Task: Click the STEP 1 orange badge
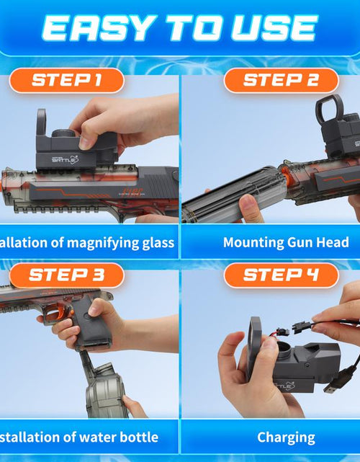pos(66,79)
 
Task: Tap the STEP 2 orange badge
pos(281,79)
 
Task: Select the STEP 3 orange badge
pos(66,275)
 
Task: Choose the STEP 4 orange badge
pos(281,275)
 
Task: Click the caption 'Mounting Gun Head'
pos(285,242)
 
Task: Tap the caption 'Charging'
pos(286,437)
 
